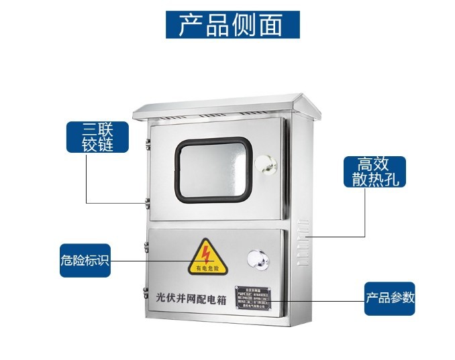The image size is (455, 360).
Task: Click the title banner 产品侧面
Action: point(232,24)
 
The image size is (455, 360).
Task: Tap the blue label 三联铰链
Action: point(97,136)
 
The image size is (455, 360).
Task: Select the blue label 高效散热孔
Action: point(374,172)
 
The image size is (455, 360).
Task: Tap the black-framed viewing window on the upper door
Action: point(213,169)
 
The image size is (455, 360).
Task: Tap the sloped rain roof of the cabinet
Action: point(221,105)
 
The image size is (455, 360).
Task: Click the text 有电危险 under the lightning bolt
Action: point(207,268)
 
